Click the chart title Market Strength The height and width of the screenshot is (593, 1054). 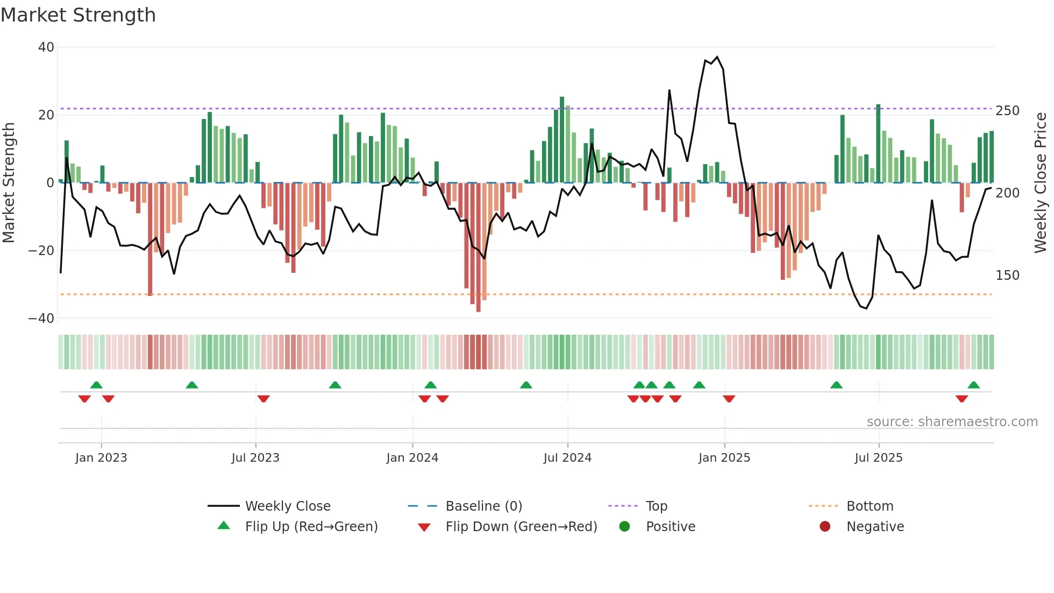pyautogui.click(x=78, y=15)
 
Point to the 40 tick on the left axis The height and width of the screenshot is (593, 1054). pyautogui.click(x=46, y=47)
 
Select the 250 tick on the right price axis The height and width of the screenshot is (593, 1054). pyautogui.click(x=1007, y=111)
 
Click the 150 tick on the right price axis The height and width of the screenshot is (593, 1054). pyautogui.click(x=1007, y=276)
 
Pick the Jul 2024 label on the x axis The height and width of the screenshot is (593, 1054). pyautogui.click(x=567, y=458)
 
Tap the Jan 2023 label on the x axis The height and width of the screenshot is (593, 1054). pyautogui.click(x=101, y=458)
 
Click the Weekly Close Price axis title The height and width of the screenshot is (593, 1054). pyautogui.click(x=1041, y=183)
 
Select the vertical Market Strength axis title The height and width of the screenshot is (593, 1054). pyautogui.click(x=9, y=183)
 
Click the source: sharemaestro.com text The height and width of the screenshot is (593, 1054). pyautogui.click(x=952, y=422)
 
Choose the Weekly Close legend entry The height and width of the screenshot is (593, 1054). pyautogui.click(x=288, y=506)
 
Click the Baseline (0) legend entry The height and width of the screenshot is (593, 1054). pyautogui.click(x=483, y=506)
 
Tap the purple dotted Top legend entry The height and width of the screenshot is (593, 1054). pyautogui.click(x=656, y=506)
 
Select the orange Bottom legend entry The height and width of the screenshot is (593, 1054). pyautogui.click(x=870, y=506)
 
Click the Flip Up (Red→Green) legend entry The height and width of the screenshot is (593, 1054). pyautogui.click(x=311, y=527)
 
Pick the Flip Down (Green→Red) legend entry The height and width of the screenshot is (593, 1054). pyautogui.click(x=521, y=527)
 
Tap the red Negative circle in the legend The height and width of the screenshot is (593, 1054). pyautogui.click(x=825, y=526)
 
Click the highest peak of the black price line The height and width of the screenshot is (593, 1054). pyautogui.click(x=717, y=57)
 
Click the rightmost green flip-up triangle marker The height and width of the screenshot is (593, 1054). pyautogui.click(x=973, y=385)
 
